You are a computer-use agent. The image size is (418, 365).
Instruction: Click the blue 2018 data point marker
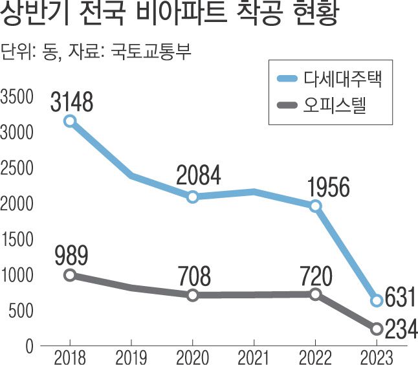(69, 120)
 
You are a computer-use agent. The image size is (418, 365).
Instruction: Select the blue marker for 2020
(192, 197)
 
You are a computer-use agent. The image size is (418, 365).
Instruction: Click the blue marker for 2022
(315, 206)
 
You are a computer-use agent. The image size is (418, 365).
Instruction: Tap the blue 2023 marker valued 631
(377, 301)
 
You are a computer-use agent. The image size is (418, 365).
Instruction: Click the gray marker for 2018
(69, 275)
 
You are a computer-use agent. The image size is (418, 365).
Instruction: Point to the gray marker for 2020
(192, 295)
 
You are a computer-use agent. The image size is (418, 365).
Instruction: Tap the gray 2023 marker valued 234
(377, 329)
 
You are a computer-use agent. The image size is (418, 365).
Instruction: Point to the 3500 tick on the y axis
(16, 97)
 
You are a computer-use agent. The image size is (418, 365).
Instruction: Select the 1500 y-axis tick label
(16, 240)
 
